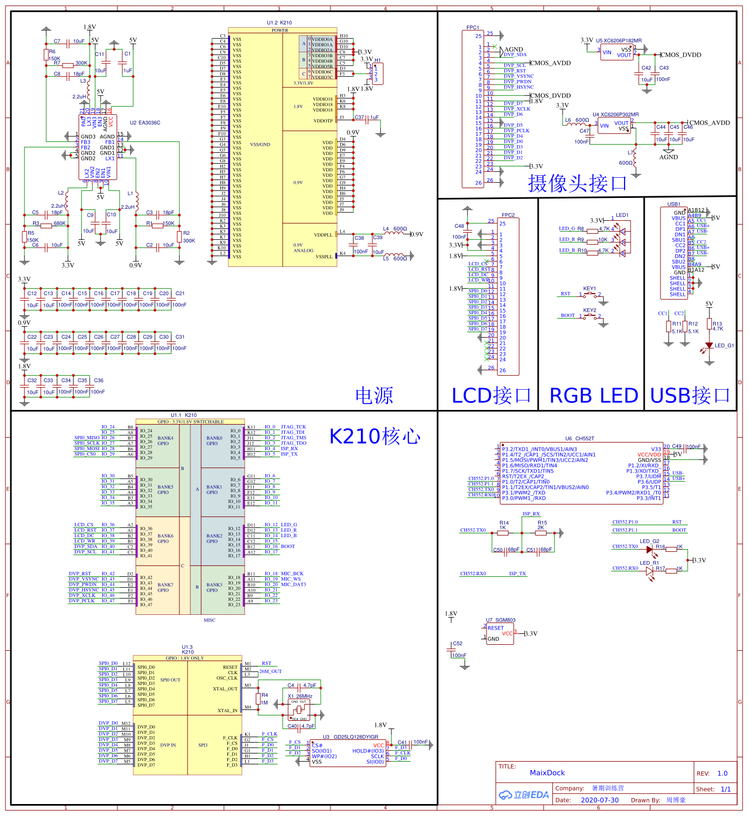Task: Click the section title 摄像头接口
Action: pyautogui.click(x=577, y=183)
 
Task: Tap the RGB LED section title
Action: pyautogui.click(x=594, y=395)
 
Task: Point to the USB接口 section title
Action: pyautogui.click(x=690, y=395)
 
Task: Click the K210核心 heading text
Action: pyautogui.click(x=375, y=436)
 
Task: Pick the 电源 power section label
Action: pyautogui.click(x=374, y=395)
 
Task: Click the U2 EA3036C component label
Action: pyautogui.click(x=145, y=123)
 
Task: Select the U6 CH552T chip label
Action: pyautogui.click(x=579, y=438)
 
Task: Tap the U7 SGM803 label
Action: pyautogui.click(x=501, y=620)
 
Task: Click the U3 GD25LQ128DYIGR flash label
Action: pyautogui.click(x=350, y=737)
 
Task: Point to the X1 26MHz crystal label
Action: pyautogui.click(x=300, y=696)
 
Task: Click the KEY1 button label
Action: pyautogui.click(x=589, y=289)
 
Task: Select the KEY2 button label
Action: pyautogui.click(x=589, y=310)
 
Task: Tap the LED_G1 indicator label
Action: pyautogui.click(x=724, y=346)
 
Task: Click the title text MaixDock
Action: pyautogui.click(x=547, y=773)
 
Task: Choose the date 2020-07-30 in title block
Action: pyautogui.click(x=599, y=800)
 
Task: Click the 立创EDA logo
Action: pyautogui.click(x=524, y=795)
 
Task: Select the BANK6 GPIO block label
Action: pyautogui.click(x=165, y=538)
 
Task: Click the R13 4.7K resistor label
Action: pyautogui.click(x=718, y=326)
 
